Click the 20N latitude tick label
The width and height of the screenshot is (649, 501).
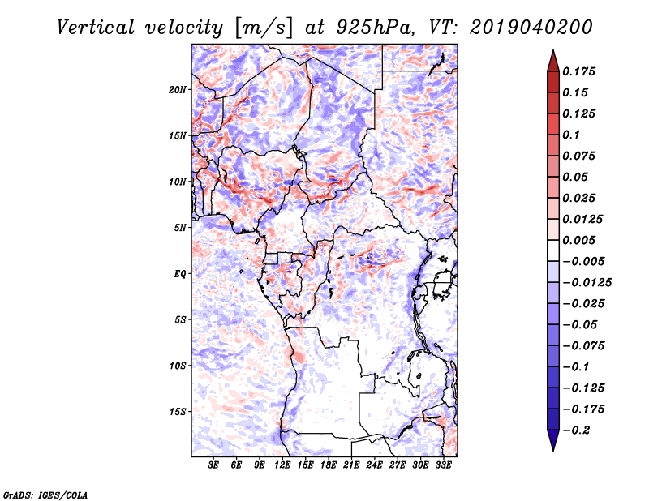pos(178,89)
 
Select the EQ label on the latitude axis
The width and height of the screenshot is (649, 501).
pos(180,273)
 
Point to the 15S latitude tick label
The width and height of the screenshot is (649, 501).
pos(178,411)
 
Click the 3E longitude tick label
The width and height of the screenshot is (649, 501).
pos(214,465)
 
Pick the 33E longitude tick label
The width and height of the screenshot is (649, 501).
pos(443,465)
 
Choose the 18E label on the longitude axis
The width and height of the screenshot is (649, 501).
pos(329,465)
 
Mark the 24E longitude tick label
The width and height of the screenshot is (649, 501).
pos(374,465)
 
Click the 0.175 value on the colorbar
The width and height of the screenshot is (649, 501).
pos(581,71)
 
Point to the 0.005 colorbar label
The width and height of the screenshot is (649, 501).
pos(581,240)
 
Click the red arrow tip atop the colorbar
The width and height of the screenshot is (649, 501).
pos(552,58)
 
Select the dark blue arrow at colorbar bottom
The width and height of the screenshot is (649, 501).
pos(552,441)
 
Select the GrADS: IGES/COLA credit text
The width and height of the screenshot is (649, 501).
pos(45,494)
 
